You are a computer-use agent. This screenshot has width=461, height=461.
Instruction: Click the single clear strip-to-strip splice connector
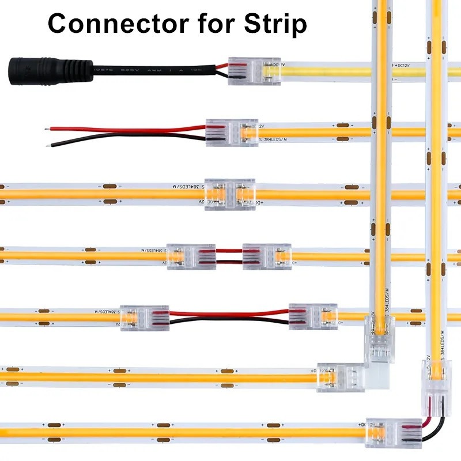point(229,194)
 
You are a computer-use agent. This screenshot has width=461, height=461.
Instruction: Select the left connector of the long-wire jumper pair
point(144,318)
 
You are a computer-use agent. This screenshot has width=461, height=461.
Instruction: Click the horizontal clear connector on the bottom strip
point(387,432)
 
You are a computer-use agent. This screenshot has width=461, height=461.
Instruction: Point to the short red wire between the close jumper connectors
point(229,251)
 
